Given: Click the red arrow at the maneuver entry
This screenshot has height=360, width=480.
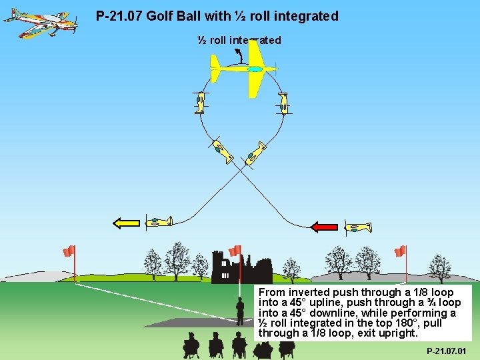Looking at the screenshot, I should point(325,227).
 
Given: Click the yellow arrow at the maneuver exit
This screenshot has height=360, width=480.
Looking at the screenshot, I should point(126,223).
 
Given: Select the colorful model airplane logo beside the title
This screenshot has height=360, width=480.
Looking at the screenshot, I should point(40,23).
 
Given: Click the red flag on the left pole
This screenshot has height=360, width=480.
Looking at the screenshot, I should point(68,251).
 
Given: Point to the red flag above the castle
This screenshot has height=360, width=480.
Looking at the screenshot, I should point(235,251).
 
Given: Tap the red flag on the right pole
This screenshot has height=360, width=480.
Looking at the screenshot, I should point(400,251).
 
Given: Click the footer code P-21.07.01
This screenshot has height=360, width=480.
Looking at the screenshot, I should point(446,351).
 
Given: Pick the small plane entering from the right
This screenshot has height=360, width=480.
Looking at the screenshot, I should point(357,228).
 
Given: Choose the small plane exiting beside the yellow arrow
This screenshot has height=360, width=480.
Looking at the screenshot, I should point(159,221).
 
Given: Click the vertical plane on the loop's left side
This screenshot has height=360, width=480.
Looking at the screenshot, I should point(199,103).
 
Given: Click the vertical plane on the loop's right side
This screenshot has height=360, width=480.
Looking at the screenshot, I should point(283,103).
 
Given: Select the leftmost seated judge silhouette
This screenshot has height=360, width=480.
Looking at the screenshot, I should point(191,345).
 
